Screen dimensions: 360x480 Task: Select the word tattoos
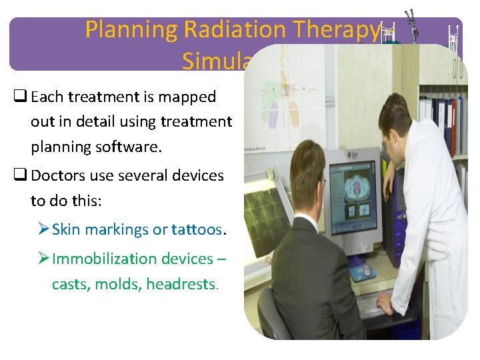[198, 229]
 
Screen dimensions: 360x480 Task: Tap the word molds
[118, 284]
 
